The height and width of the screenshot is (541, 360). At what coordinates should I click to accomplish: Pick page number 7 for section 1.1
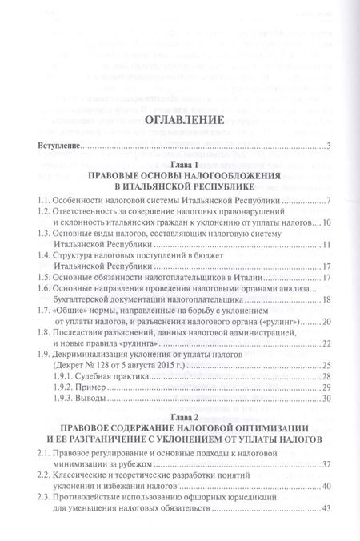tap(329, 200)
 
